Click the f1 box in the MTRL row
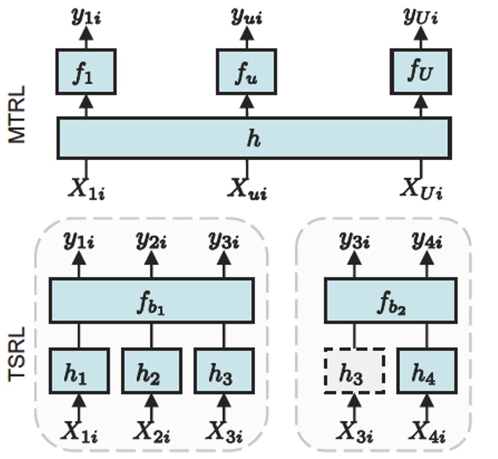coord(85,72)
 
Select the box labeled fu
coord(246,72)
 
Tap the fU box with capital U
coord(420,71)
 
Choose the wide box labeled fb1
coord(151,301)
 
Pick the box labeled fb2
coord(390,301)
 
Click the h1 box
coord(79,371)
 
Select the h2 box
coord(151,371)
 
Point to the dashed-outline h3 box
coord(354,371)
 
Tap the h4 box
coord(427,371)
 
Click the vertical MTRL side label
coord(17,114)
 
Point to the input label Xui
coord(247,190)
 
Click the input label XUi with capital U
coord(421,190)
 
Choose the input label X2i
coord(151,431)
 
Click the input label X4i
coord(427,431)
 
